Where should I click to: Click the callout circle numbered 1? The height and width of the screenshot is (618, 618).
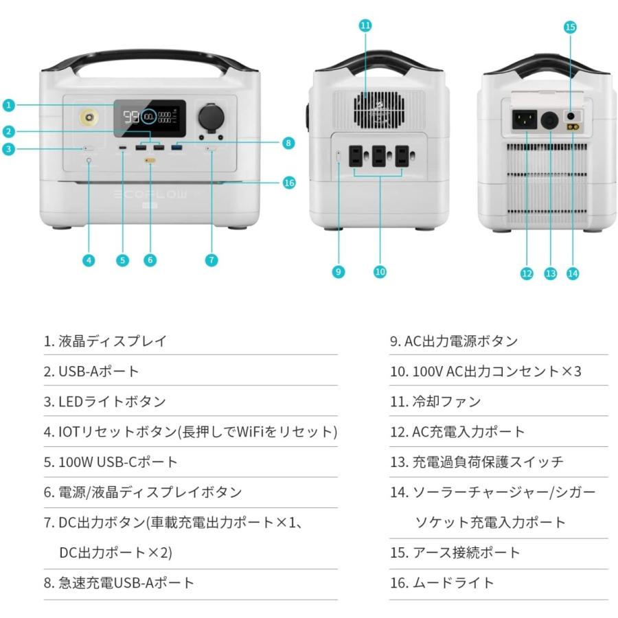pos(8,105)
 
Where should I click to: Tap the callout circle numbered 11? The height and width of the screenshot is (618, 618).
pos(365,25)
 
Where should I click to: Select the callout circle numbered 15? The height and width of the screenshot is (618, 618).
pos(569,27)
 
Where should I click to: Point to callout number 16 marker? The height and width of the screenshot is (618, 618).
pos(289,183)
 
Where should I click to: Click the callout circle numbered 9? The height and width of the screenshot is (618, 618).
pos(338,272)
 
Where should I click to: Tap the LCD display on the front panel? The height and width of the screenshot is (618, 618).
pos(149,117)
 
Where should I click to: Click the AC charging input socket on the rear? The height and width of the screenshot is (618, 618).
pos(525,122)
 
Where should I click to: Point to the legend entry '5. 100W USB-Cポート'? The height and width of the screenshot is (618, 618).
pos(111,462)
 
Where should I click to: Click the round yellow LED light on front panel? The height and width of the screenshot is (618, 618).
pos(89,118)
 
